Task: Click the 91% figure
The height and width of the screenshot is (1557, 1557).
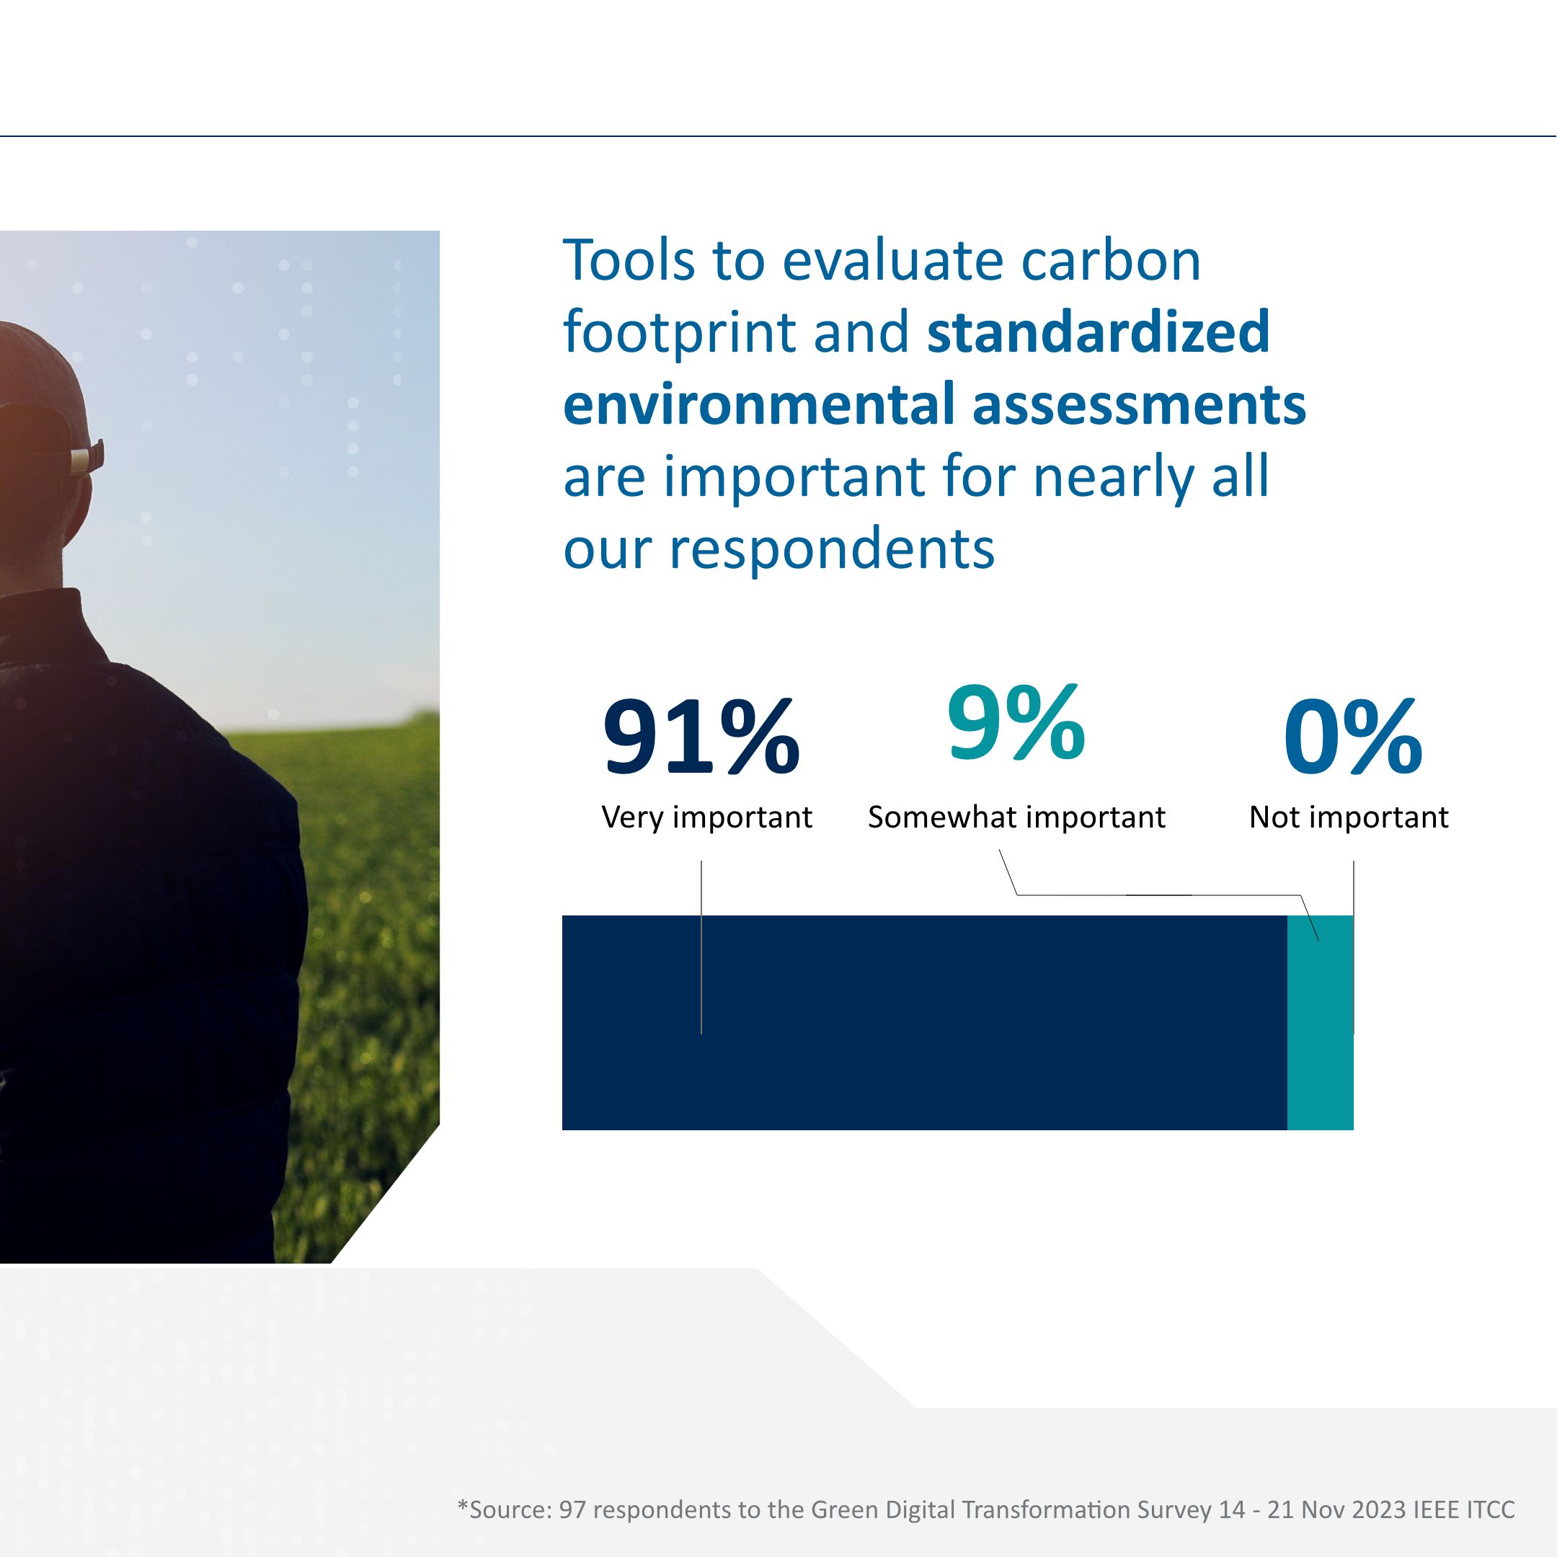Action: click(701, 737)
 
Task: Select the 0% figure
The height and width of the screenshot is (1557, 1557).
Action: click(1353, 737)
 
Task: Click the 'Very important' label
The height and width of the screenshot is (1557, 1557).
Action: click(706, 817)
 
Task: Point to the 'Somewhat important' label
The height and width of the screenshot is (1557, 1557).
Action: click(1016, 817)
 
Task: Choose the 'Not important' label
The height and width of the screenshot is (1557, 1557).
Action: click(1348, 817)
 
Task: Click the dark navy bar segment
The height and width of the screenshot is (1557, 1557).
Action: click(924, 1023)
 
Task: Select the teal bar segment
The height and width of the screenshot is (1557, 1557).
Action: click(1320, 1023)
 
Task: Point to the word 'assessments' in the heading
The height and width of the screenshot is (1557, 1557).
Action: click(1139, 404)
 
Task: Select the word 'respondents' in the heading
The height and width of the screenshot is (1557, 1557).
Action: click(833, 549)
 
